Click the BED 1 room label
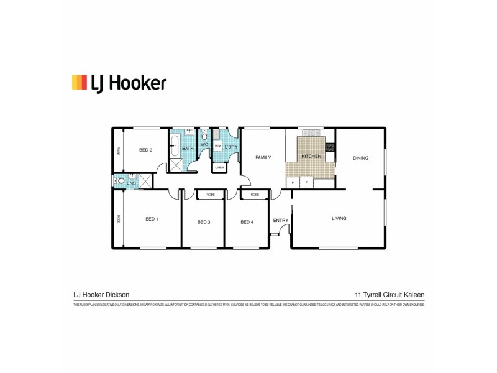[x=152, y=219]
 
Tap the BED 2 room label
[x=145, y=150]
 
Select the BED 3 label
[x=204, y=222]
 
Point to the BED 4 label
[x=247, y=222]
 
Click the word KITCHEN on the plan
[x=311, y=157]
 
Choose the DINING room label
[x=360, y=158]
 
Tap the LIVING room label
[x=339, y=218]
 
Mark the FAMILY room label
[x=263, y=158]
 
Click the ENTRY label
[x=280, y=220]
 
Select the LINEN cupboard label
[x=219, y=168]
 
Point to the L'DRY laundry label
[x=231, y=147]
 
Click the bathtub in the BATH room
[x=175, y=148]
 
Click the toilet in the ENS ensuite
[x=119, y=182]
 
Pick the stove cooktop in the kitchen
[x=331, y=148]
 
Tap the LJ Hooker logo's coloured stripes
[x=79, y=82]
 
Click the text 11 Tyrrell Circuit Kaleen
[x=389, y=295]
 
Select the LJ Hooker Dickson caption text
[x=101, y=295]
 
